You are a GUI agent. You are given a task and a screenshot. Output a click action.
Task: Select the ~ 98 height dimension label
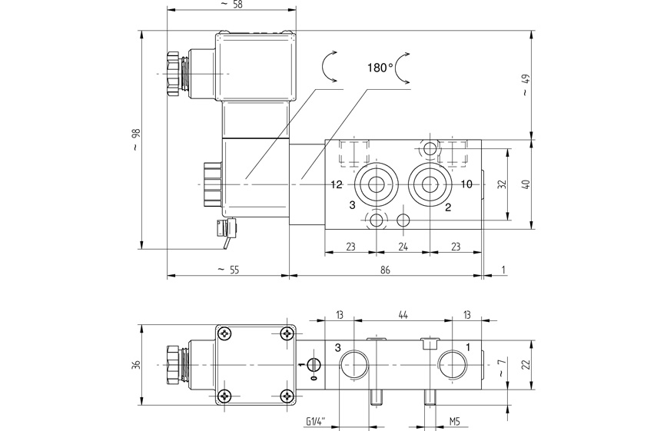(137, 140)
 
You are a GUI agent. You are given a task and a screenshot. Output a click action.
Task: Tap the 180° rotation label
(380, 68)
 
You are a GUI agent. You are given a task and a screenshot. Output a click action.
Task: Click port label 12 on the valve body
(336, 184)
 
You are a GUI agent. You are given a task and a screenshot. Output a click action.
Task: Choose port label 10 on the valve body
(466, 184)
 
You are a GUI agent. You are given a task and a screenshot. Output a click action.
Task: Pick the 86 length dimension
(385, 270)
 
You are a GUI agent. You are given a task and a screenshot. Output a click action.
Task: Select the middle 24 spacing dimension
(403, 247)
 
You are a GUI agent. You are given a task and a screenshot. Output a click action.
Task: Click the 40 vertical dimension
(526, 184)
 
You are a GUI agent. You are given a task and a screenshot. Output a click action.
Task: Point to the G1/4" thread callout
(314, 420)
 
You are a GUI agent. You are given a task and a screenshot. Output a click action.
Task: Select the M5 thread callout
(453, 420)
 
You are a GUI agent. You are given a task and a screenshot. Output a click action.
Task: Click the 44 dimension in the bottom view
(403, 314)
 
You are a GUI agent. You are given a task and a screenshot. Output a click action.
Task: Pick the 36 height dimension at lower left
(137, 364)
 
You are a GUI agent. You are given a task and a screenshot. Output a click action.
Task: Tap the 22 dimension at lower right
(526, 364)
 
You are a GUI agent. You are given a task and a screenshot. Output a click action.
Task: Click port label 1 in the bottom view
(466, 347)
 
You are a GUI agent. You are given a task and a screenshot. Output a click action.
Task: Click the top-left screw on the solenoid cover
(224, 333)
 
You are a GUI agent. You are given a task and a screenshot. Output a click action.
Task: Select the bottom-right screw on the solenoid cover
(287, 395)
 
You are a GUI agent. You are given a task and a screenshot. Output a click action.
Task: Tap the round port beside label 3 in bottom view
(357, 364)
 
